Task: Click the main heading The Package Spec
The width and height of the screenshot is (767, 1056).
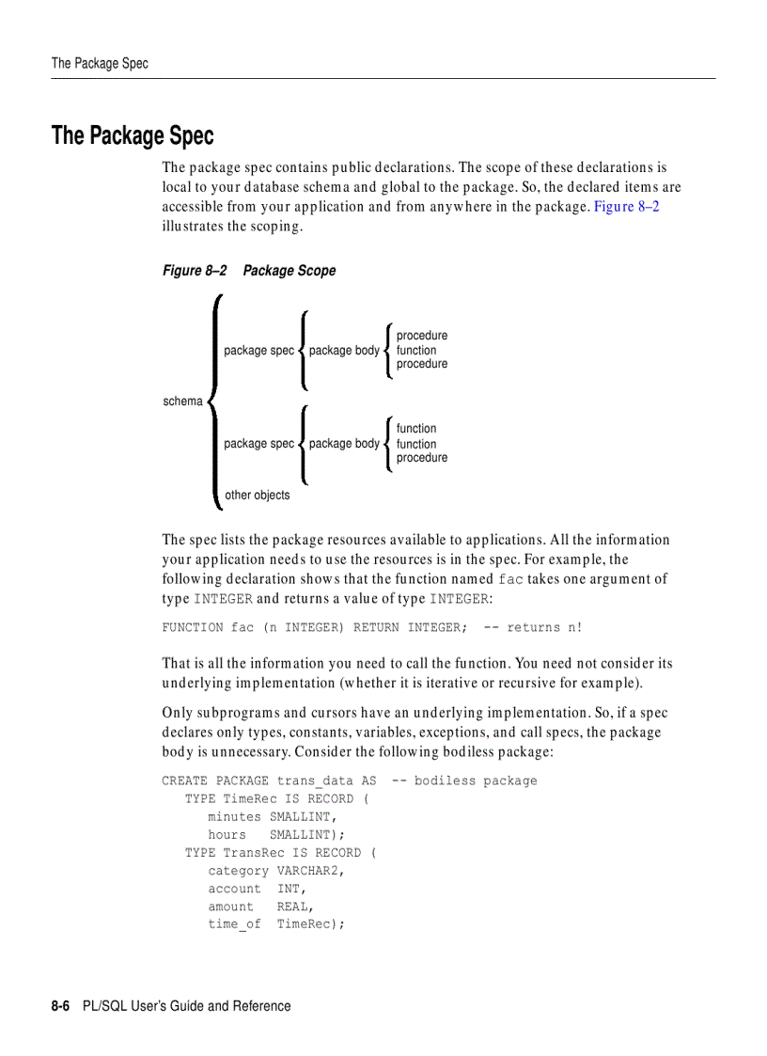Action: click(133, 136)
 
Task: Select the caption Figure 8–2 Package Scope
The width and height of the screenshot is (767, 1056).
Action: click(248, 271)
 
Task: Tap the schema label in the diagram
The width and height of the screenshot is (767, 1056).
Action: click(182, 402)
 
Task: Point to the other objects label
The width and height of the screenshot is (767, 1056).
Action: click(258, 496)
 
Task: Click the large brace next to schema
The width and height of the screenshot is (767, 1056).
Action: click(214, 402)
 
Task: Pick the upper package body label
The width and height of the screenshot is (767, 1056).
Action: click(344, 351)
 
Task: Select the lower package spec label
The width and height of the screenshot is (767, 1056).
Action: click(258, 444)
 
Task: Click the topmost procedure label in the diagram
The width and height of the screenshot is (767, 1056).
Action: click(422, 336)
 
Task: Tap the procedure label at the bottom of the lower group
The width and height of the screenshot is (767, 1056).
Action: click(422, 458)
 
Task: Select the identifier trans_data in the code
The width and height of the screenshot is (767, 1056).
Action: click(315, 780)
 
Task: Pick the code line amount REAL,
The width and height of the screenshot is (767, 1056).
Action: click(260, 906)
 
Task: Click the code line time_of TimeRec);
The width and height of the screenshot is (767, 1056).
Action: click(276, 924)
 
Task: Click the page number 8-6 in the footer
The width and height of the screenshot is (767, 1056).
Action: click(62, 1006)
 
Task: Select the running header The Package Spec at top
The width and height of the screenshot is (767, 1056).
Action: click(100, 63)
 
